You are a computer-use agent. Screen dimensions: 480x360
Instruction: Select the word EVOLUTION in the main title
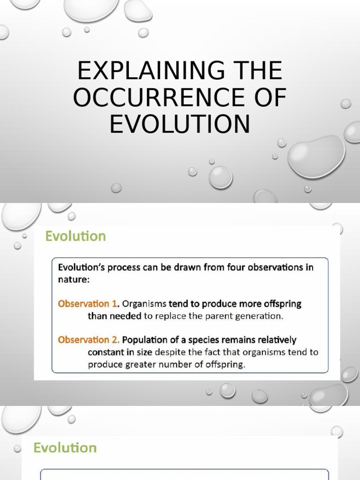180,124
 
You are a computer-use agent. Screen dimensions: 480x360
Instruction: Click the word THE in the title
259,71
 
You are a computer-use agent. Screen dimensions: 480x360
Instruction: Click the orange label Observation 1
88,304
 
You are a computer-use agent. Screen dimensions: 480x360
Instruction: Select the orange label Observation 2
88,339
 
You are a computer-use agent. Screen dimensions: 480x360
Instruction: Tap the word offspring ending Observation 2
225,364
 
